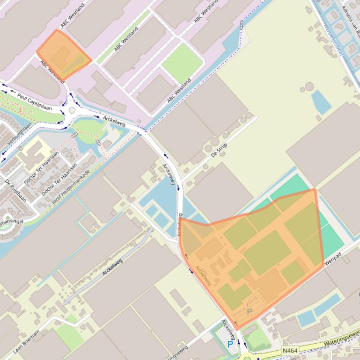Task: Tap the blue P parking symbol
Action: (x=230, y=344)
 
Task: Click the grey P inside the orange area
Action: (x=250, y=312)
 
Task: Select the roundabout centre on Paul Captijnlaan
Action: (x=72, y=110)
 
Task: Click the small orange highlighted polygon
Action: (x=64, y=55)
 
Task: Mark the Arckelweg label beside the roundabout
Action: (x=114, y=121)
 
